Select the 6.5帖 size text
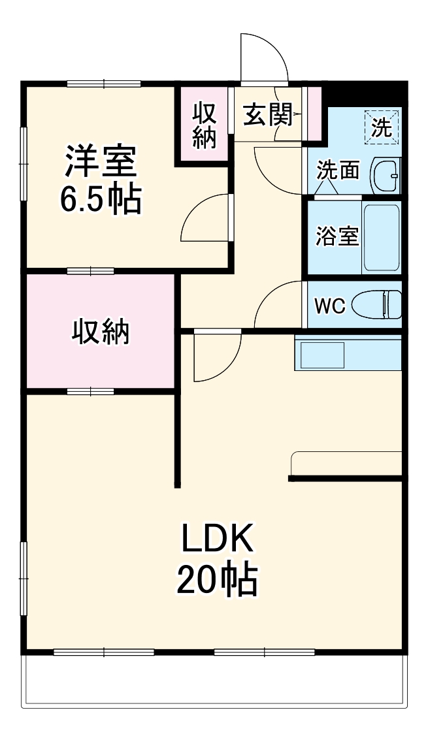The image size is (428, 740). point(101,200)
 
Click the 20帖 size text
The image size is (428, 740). point(216,579)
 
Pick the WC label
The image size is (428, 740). point(330,306)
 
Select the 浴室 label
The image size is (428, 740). point(337,236)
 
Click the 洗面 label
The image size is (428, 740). point(338,171)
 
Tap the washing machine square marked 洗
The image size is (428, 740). point(382,127)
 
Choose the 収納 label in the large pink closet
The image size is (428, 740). point(101,332)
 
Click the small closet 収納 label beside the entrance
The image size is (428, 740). point(205,125)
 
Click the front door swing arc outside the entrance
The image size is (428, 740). point(265,56)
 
